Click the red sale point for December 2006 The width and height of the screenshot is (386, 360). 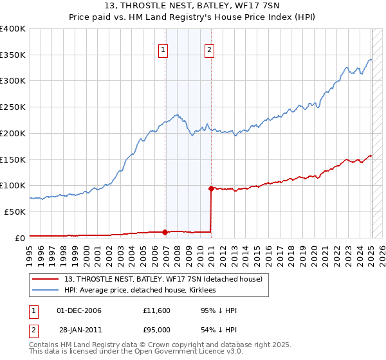(x=165, y=231)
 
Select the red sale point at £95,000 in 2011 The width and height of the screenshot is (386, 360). (x=211, y=188)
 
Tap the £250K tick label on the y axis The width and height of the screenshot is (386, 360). (x=13, y=107)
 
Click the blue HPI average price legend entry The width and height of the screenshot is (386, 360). (x=140, y=291)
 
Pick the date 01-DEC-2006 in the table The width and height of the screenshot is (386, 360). (x=79, y=311)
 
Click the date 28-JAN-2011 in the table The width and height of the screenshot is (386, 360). (x=79, y=330)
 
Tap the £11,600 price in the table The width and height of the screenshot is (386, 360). (x=157, y=311)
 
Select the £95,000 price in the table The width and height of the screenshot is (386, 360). (x=157, y=330)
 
